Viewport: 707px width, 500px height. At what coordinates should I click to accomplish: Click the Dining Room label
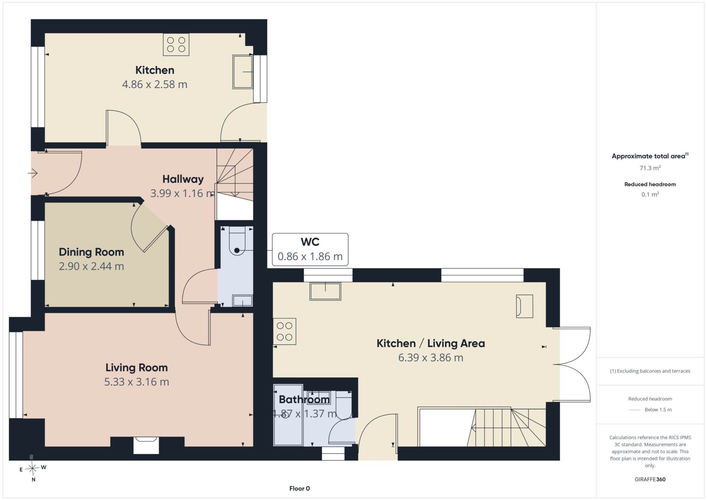click(91, 252)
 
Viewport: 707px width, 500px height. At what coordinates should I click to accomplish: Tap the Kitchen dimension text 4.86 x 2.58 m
click(155, 84)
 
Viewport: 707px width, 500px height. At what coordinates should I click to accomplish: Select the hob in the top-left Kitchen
click(176, 45)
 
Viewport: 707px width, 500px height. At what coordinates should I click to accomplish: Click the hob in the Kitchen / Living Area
click(285, 331)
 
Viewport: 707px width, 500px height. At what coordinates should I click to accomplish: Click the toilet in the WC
click(237, 241)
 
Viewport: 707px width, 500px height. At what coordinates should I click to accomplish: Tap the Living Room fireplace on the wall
click(146, 445)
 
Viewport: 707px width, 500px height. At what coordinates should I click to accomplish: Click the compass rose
click(33, 468)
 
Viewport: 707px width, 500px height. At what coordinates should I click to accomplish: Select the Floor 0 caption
click(299, 489)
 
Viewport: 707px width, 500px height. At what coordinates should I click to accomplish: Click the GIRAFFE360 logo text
click(650, 479)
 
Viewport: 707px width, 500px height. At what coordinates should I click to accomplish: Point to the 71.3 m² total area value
click(650, 168)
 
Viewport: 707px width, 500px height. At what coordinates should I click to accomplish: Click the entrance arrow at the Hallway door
click(33, 173)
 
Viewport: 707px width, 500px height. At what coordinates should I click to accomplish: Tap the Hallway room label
click(183, 179)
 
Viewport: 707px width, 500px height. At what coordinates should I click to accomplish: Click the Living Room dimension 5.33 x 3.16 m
click(137, 382)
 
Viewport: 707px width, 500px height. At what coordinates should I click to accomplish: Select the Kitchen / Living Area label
click(430, 344)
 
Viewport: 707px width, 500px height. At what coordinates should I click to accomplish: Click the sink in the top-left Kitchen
click(243, 72)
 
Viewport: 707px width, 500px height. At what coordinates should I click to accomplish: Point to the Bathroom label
click(304, 399)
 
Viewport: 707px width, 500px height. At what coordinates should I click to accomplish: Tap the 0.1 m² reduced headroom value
click(650, 194)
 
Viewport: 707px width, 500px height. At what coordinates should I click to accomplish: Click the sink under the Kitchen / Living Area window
click(325, 291)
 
